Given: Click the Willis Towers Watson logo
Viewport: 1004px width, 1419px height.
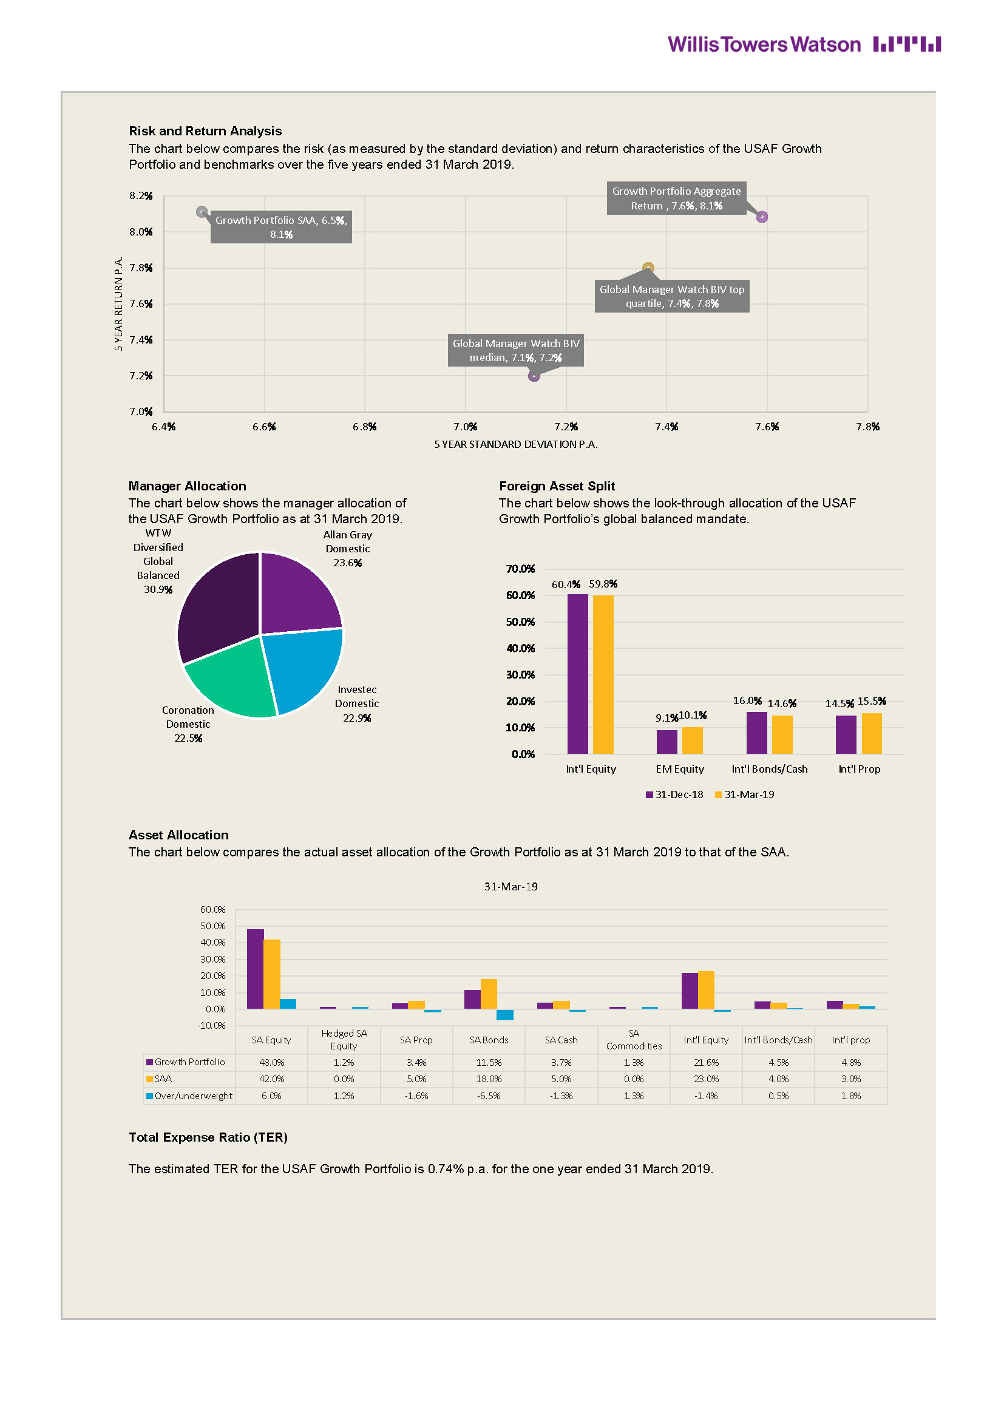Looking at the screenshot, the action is pyautogui.click(x=804, y=44).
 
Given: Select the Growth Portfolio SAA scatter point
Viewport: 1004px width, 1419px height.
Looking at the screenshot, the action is pyautogui.click(x=202, y=212).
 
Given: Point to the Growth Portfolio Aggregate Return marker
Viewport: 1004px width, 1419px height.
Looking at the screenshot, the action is pyautogui.click(x=762, y=217).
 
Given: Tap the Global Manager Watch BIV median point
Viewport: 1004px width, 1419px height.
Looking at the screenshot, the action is pyautogui.click(x=534, y=376).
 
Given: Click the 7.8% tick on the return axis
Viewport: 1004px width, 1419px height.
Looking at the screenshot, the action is pyautogui.click(x=141, y=268).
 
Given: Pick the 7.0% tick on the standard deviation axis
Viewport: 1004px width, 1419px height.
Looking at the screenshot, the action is pyautogui.click(x=466, y=427).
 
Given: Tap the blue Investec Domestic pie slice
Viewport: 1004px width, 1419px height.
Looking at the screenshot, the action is pyautogui.click(x=306, y=668).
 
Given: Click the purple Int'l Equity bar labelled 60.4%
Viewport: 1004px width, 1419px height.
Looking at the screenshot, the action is pyautogui.click(x=577, y=674).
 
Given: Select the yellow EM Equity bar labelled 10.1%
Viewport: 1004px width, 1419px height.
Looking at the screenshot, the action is pyautogui.click(x=693, y=740).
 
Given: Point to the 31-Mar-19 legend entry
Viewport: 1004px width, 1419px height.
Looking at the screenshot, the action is pyautogui.click(x=744, y=795).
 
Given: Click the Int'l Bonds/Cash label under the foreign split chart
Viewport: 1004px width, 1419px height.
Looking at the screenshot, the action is pyautogui.click(x=770, y=769).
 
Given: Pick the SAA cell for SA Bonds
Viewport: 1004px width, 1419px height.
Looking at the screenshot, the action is pyautogui.click(x=489, y=1079).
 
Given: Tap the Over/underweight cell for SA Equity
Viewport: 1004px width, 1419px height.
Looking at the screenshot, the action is pyautogui.click(x=271, y=1096).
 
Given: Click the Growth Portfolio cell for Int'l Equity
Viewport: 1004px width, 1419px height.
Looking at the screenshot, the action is pyautogui.click(x=706, y=1062).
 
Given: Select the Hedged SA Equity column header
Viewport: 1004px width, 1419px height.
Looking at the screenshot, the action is pyautogui.click(x=344, y=1040).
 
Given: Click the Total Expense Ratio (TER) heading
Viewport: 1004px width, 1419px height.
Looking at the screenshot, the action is pyautogui.click(x=208, y=1137).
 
